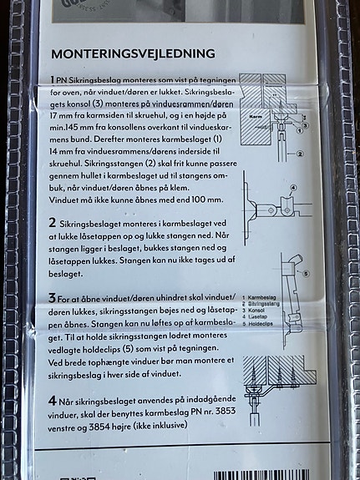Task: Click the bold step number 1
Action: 53,77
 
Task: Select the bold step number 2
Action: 53,224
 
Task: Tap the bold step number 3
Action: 53,298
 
